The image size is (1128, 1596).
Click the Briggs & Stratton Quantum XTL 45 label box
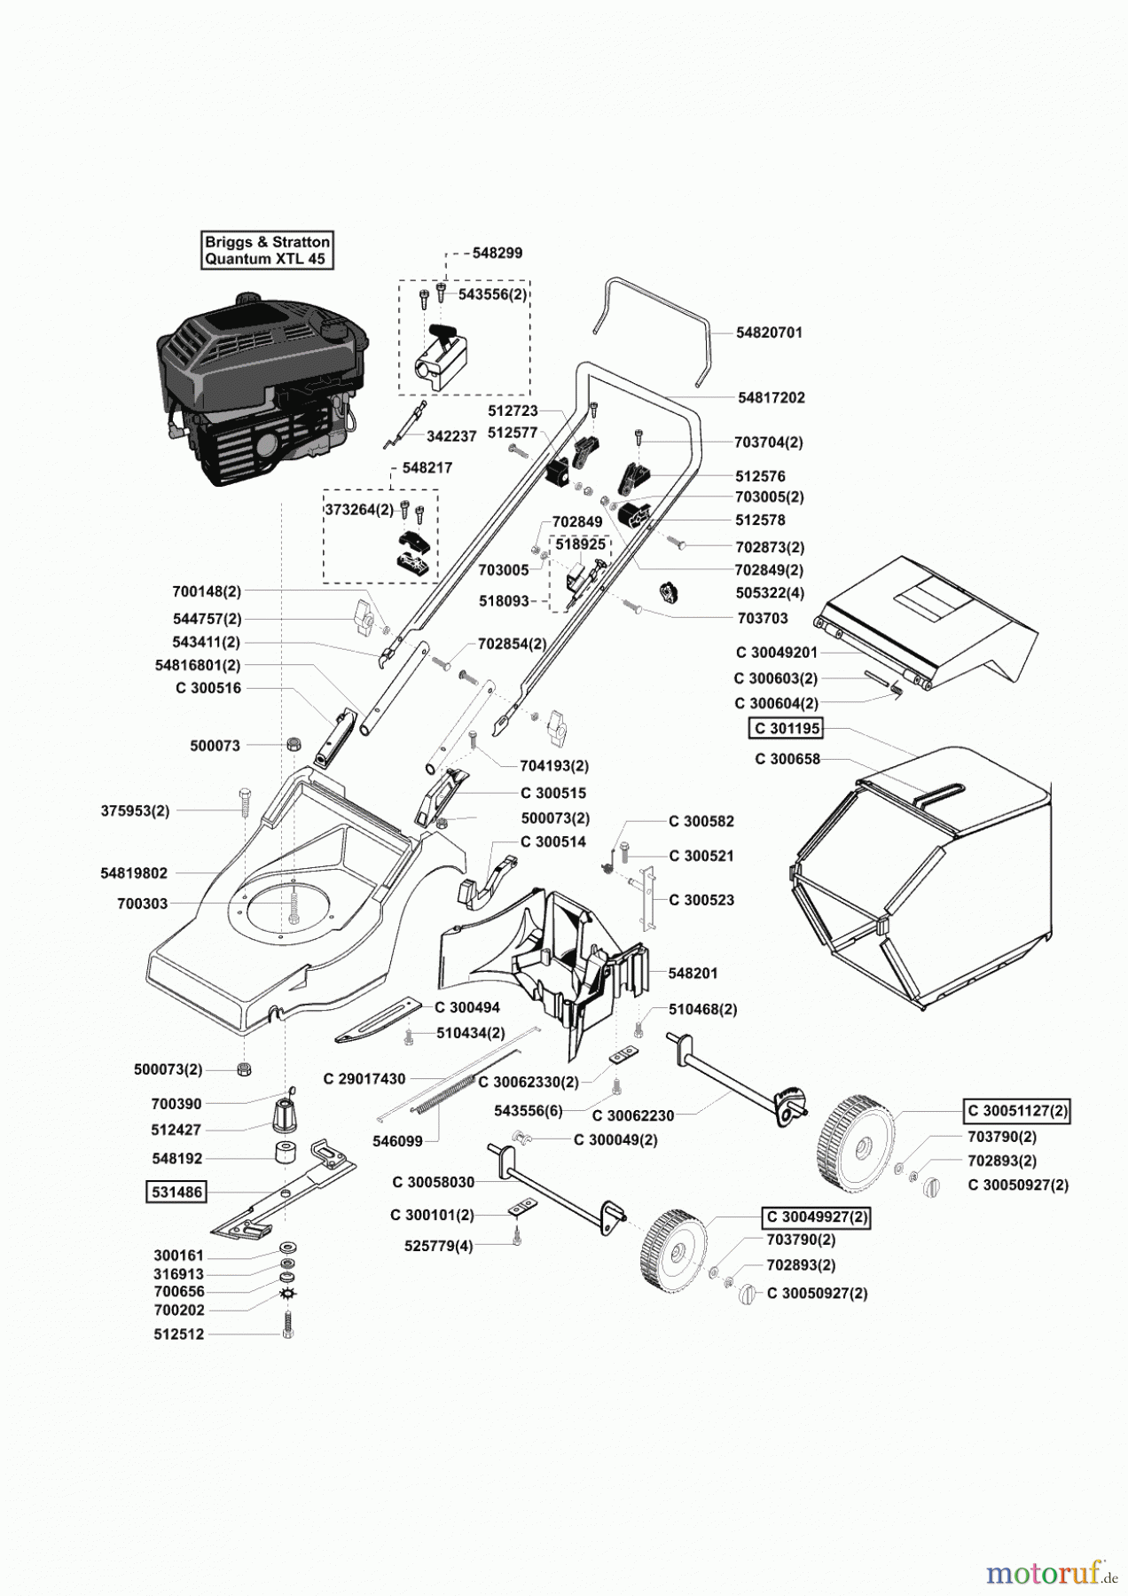[x=267, y=250]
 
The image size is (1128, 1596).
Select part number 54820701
[x=769, y=332]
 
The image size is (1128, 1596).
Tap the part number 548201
[x=693, y=973]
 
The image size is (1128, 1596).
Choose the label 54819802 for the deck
[x=134, y=873]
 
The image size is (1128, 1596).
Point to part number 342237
[x=451, y=436]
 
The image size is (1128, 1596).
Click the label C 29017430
[x=364, y=1079]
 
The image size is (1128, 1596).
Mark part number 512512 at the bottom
[x=178, y=1334]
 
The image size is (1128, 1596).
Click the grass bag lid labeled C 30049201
[x=776, y=653]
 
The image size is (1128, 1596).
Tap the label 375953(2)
[x=135, y=810]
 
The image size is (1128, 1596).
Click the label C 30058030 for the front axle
[x=434, y=1182]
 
